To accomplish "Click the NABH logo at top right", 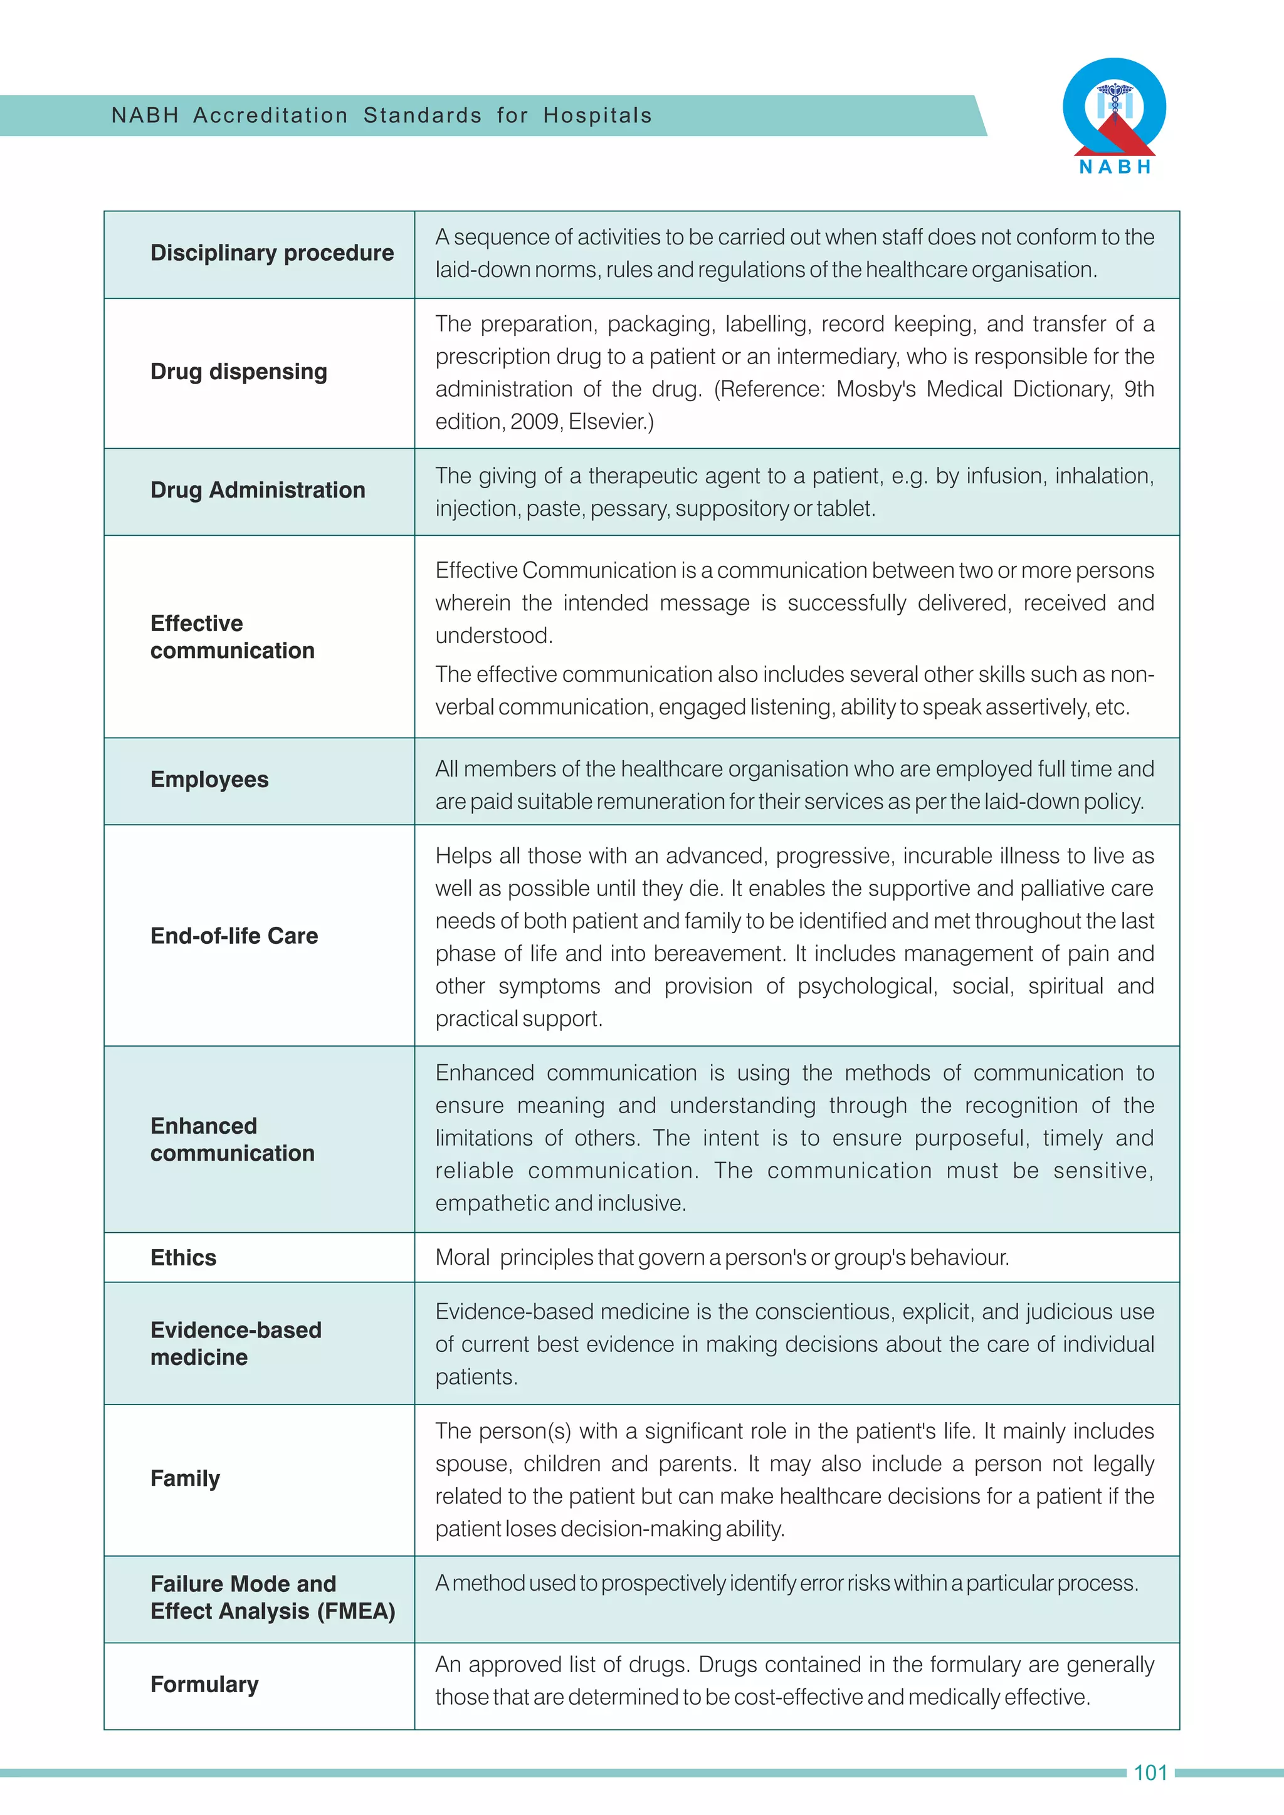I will [x=1114, y=115].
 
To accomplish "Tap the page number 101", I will [x=1150, y=1772].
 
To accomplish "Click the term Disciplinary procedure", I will [x=272, y=253].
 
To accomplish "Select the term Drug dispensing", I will [x=238, y=372].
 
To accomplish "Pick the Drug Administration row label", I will [x=258, y=490].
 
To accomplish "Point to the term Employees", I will [x=209, y=780].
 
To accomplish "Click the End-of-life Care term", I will [x=234, y=936].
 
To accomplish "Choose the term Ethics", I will [x=184, y=1258].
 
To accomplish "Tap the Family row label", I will [x=185, y=1478].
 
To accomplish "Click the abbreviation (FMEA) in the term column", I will [x=355, y=1611].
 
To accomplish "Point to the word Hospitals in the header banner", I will [x=597, y=116].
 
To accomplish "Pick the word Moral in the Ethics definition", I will [x=463, y=1258].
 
